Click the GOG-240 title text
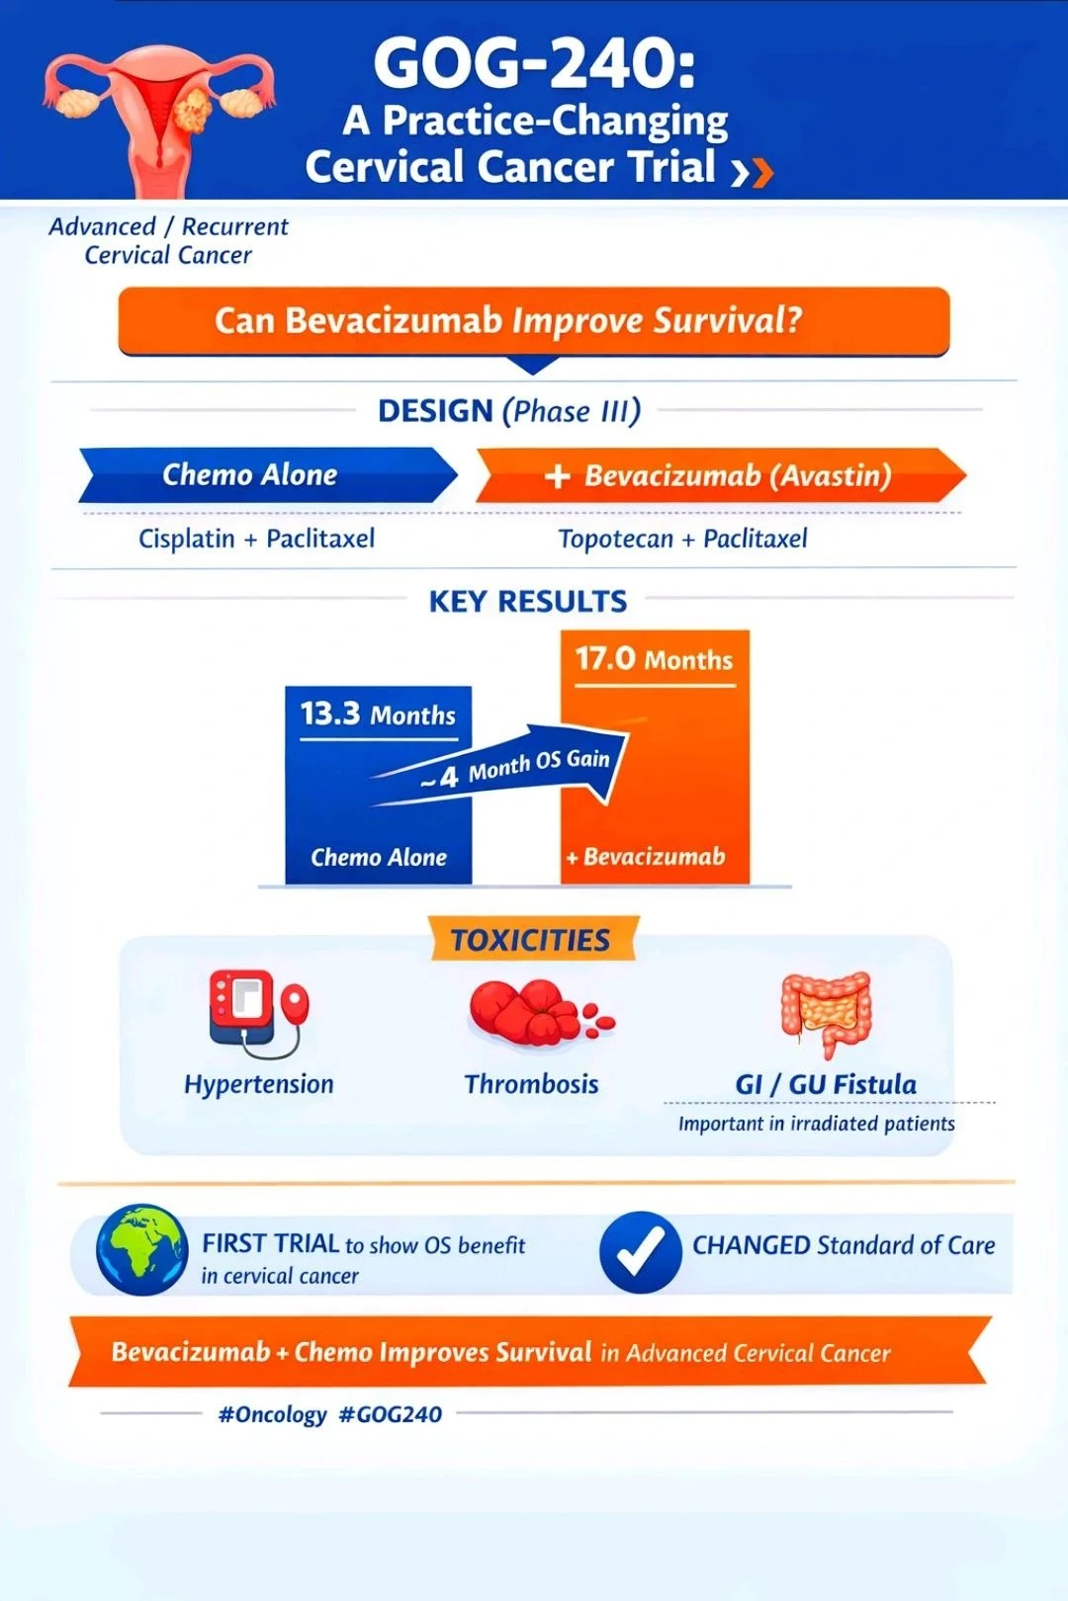[x=534, y=62]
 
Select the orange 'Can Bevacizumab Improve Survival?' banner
[x=534, y=321]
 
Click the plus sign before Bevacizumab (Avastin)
[x=558, y=476]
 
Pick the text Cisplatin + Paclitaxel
[x=256, y=539]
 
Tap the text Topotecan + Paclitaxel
[x=682, y=539]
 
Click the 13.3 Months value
[x=378, y=714]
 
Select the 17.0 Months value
[x=654, y=658]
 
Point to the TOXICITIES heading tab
[x=531, y=940]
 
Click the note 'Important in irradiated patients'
[x=816, y=1124]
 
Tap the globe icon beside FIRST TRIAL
[x=141, y=1249]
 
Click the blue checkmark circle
[x=640, y=1251]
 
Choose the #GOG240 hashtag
[x=390, y=1414]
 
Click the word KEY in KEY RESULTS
[x=458, y=601]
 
